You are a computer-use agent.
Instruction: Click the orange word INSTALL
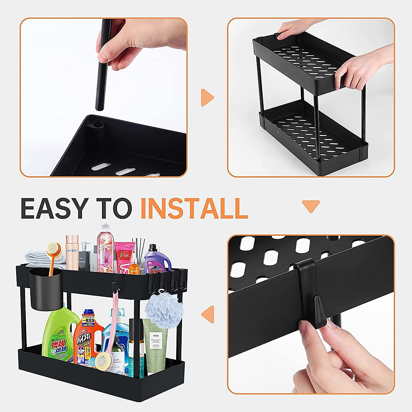[194, 208]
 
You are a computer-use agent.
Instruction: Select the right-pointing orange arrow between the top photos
[207, 98]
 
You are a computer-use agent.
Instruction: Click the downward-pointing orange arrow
[311, 206]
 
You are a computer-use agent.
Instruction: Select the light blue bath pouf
[162, 311]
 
